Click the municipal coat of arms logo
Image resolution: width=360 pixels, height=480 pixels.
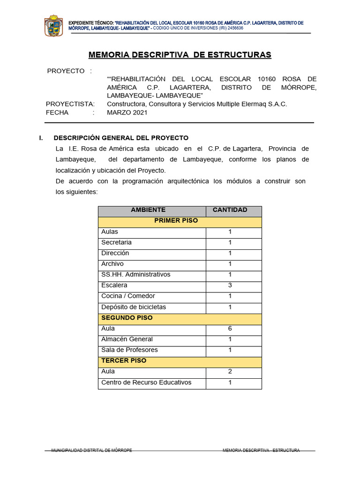53,26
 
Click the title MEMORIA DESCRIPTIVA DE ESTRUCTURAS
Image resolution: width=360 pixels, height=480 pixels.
180,55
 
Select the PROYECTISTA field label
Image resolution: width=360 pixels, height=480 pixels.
70,104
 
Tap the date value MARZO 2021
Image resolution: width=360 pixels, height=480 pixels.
127,112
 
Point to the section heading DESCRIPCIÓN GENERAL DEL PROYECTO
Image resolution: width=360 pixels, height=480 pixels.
121,138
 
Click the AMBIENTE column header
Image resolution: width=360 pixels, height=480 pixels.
148,210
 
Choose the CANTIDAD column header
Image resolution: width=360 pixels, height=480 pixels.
230,210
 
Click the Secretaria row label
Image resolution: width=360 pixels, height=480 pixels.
116,242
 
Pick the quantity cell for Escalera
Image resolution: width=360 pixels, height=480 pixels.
230,285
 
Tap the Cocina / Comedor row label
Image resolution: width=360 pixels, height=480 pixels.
128,296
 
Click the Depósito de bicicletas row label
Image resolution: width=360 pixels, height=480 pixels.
134,307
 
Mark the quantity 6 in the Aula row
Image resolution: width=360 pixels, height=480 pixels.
230,329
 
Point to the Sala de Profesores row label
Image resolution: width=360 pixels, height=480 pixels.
129,350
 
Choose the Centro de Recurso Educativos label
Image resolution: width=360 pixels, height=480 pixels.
146,382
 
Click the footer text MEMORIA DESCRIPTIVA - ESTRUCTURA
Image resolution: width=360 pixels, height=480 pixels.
261,450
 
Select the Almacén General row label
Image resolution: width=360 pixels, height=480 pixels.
127,339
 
